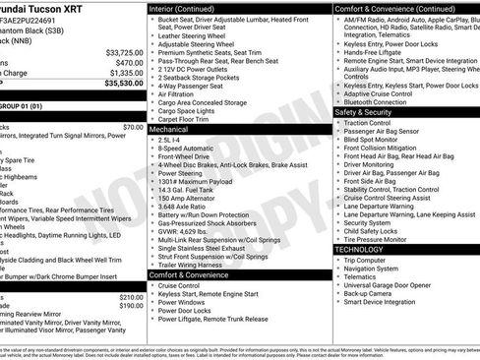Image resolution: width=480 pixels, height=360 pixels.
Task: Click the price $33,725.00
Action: coord(124,52)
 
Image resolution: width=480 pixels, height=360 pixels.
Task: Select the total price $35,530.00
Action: coord(123,84)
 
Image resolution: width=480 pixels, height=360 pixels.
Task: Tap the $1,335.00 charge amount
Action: coord(126,73)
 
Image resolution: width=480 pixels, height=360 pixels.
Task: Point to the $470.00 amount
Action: coord(129,62)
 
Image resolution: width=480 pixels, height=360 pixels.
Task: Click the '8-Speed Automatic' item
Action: coord(185,149)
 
